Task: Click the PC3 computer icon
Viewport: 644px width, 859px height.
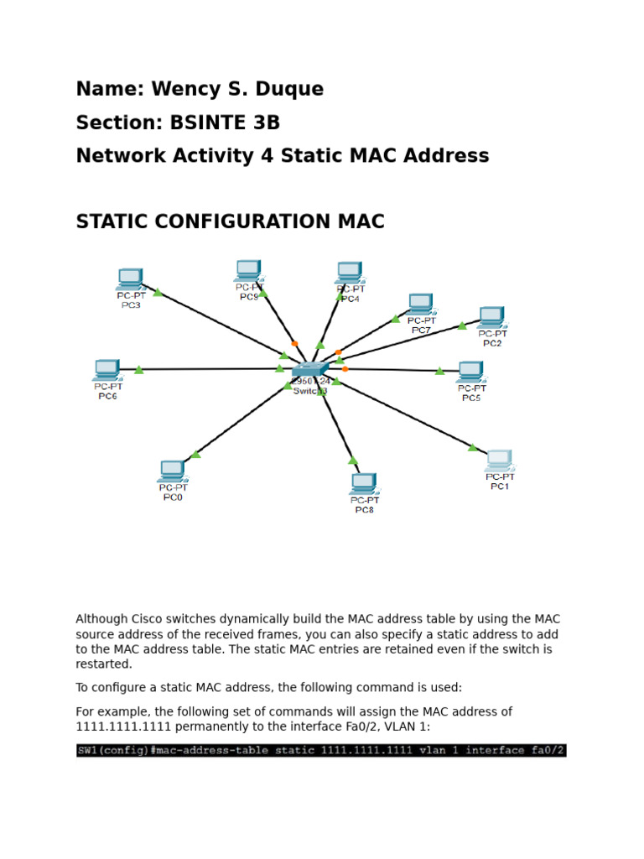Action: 130,278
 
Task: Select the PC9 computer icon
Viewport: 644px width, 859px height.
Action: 248,269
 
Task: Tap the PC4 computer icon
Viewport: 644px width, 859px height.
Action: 350,273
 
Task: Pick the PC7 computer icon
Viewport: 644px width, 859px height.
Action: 421,304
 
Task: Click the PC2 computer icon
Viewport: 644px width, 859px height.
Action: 491,317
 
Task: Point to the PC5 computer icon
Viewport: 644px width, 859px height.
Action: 470,371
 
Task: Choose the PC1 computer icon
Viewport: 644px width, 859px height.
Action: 499,460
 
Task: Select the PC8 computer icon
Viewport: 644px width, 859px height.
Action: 364,483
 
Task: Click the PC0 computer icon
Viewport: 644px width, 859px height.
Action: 172,471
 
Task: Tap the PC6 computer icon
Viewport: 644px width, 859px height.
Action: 107,370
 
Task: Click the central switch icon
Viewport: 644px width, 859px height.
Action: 309,369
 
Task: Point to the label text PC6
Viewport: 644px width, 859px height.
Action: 107,396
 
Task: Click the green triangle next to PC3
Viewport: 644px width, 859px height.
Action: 158,293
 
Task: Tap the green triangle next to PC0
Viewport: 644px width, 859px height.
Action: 196,454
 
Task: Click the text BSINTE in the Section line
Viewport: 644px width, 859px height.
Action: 204,122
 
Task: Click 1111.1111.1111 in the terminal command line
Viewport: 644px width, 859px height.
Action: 366,750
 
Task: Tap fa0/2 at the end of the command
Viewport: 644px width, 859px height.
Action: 549,750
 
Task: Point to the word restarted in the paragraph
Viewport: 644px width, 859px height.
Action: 104,664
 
